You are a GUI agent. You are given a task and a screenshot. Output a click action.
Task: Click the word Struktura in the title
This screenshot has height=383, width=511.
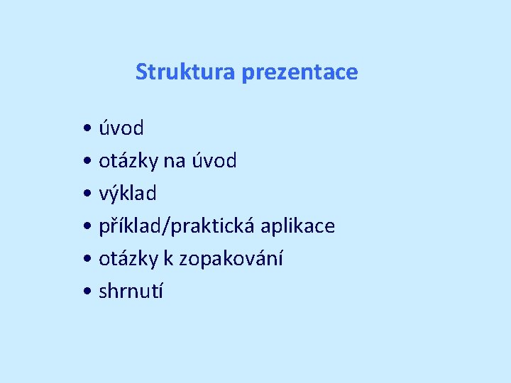(x=186, y=72)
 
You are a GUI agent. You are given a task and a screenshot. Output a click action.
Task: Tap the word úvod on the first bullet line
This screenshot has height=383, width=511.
(x=121, y=128)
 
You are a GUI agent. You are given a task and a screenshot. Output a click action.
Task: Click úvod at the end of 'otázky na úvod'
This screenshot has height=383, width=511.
(x=214, y=161)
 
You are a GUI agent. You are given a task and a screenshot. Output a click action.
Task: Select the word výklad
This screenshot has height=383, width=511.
(x=128, y=194)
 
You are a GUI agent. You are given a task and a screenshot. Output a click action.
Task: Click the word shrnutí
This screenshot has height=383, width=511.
(x=131, y=291)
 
